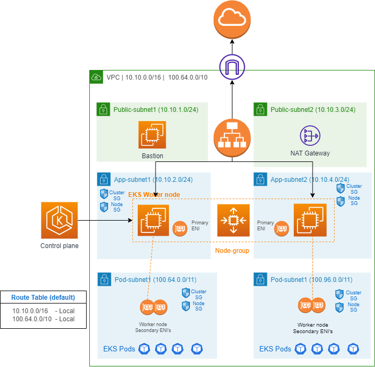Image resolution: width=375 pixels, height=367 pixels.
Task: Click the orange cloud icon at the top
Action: [x=232, y=19]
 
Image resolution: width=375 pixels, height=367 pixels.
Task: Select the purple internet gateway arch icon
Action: [x=232, y=67]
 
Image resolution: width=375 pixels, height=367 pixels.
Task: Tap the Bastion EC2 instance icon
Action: [x=152, y=135]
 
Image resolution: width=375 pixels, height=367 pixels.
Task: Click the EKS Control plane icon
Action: [x=59, y=221]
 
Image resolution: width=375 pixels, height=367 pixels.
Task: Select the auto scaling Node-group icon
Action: [x=233, y=221]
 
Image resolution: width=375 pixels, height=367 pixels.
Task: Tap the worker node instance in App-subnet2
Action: [x=309, y=221]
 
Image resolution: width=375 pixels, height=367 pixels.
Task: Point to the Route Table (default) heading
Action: [x=43, y=297]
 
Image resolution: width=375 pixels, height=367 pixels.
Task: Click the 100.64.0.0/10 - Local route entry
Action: [x=43, y=319]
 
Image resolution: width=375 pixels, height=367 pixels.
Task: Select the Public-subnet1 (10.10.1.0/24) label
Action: [x=155, y=110]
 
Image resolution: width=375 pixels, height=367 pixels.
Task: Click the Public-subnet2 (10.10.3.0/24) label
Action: [x=313, y=110]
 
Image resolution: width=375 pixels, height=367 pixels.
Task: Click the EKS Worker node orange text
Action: [x=154, y=194]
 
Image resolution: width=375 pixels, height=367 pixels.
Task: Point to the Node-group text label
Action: [x=232, y=251]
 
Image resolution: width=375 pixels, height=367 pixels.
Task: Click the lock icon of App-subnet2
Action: [x=260, y=179]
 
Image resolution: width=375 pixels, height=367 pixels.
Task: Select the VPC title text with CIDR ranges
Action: [x=157, y=77]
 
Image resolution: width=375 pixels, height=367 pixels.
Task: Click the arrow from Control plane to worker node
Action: [x=105, y=221]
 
